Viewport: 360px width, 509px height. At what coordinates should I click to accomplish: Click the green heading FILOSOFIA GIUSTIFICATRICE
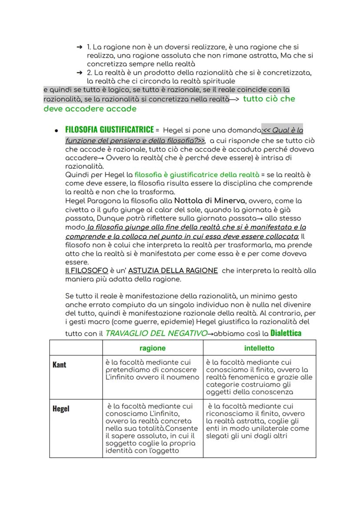tap(109, 130)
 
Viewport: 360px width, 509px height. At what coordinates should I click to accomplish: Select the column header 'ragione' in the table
tap(152, 348)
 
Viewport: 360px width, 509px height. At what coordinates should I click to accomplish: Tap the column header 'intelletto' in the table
tap(259, 348)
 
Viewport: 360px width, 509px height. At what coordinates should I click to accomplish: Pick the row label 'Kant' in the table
tap(60, 365)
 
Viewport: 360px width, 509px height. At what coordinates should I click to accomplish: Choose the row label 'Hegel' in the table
tap(61, 409)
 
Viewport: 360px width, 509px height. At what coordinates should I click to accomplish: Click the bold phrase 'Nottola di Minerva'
tap(210, 201)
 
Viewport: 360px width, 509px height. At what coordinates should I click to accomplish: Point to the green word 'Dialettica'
tap(286, 333)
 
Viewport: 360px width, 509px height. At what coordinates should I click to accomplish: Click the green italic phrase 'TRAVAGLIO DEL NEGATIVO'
tap(156, 334)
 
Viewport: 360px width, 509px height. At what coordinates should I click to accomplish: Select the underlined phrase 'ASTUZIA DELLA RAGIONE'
tap(173, 270)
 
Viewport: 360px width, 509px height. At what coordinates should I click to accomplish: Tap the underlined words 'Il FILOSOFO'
tap(86, 270)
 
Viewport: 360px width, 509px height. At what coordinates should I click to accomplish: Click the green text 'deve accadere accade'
tap(90, 109)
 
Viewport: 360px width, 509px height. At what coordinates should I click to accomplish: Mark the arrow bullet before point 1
tap(79, 47)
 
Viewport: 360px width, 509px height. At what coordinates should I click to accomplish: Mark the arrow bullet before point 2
tap(79, 72)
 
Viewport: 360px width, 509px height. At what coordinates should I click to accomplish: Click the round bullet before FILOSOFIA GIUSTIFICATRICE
tap(57, 130)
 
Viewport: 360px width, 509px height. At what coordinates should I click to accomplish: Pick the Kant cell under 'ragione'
tap(152, 369)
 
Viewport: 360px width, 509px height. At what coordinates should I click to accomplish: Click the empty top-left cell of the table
tap(76, 348)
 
